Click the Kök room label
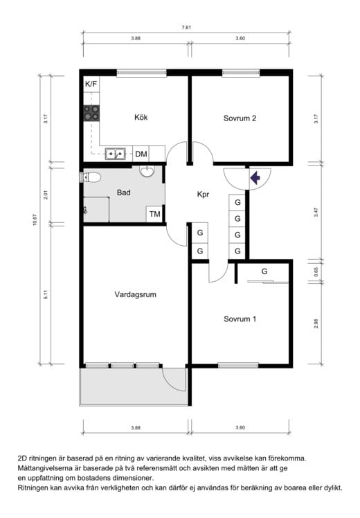(141, 117)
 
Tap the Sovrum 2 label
(240, 118)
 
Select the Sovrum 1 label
(240, 319)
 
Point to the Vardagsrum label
(136, 294)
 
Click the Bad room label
(123, 193)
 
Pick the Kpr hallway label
(203, 194)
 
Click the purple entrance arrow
(255, 178)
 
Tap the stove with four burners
(91, 113)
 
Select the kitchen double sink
(115, 154)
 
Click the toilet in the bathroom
(90, 177)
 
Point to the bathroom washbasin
(147, 171)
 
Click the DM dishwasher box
(141, 154)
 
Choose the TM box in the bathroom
(154, 214)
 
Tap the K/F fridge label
(91, 84)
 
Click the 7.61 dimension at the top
(186, 28)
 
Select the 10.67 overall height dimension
(35, 220)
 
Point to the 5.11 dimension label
(46, 294)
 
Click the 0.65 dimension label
(316, 272)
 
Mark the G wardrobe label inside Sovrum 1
(264, 271)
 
